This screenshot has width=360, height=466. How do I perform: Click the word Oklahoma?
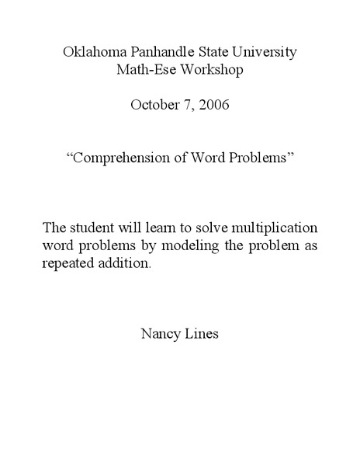(x=90, y=53)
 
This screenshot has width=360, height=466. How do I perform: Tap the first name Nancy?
(x=160, y=336)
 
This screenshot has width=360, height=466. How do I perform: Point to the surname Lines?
(x=202, y=336)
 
